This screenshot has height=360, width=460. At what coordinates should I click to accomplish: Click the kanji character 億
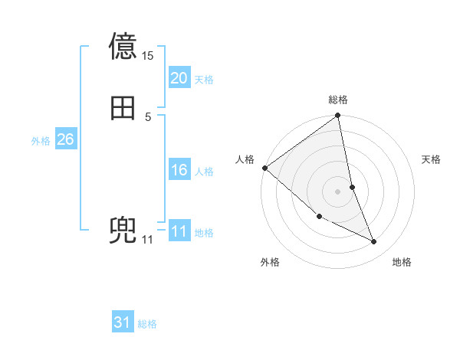tap(123, 45)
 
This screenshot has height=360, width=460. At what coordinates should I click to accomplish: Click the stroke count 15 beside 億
tap(148, 56)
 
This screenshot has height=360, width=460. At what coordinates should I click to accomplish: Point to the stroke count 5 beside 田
tap(148, 116)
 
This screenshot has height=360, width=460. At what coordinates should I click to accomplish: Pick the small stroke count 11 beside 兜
tap(147, 240)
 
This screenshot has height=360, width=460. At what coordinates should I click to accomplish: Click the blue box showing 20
tap(179, 78)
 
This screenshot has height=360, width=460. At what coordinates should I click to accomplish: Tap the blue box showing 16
tap(179, 170)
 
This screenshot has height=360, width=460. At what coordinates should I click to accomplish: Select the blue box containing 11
tap(179, 231)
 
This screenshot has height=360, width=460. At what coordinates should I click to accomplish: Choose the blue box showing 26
tap(65, 139)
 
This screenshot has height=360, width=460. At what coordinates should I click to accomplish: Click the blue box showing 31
tap(122, 323)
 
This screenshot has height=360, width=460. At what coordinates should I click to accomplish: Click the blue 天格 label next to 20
tap(204, 80)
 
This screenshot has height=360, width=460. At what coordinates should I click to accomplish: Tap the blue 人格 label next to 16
tap(204, 172)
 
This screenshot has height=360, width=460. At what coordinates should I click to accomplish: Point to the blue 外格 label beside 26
tap(41, 141)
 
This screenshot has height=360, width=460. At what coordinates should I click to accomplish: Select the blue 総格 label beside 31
tap(147, 325)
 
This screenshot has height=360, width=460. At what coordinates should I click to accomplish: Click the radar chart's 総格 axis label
tap(338, 100)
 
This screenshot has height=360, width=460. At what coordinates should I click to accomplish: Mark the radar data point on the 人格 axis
tap(264, 168)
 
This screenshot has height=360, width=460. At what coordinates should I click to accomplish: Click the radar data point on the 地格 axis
tap(374, 242)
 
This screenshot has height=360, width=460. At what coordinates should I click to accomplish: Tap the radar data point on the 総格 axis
tap(338, 116)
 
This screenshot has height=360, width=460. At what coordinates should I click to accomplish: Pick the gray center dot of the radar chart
tap(338, 191)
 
